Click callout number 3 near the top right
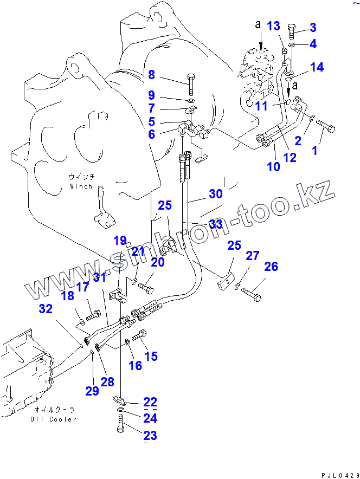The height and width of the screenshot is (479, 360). pyautogui.click(x=313, y=27)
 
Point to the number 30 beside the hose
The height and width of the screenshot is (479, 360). pyautogui.click(x=215, y=193)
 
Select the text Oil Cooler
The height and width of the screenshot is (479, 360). pyautogui.click(x=54, y=419)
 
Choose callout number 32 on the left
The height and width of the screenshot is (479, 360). pyautogui.click(x=46, y=309)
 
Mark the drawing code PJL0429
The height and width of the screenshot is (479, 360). pyautogui.click(x=337, y=474)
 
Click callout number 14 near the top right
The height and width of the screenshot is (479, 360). pyautogui.click(x=317, y=67)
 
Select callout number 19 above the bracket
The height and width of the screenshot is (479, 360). pyautogui.click(x=119, y=240)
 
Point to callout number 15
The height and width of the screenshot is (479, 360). pyautogui.click(x=151, y=356)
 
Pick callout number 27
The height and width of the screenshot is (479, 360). pyautogui.click(x=253, y=256)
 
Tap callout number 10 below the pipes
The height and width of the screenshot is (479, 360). pyautogui.click(x=274, y=166)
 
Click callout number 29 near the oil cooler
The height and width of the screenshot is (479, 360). pyautogui.click(x=92, y=390)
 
